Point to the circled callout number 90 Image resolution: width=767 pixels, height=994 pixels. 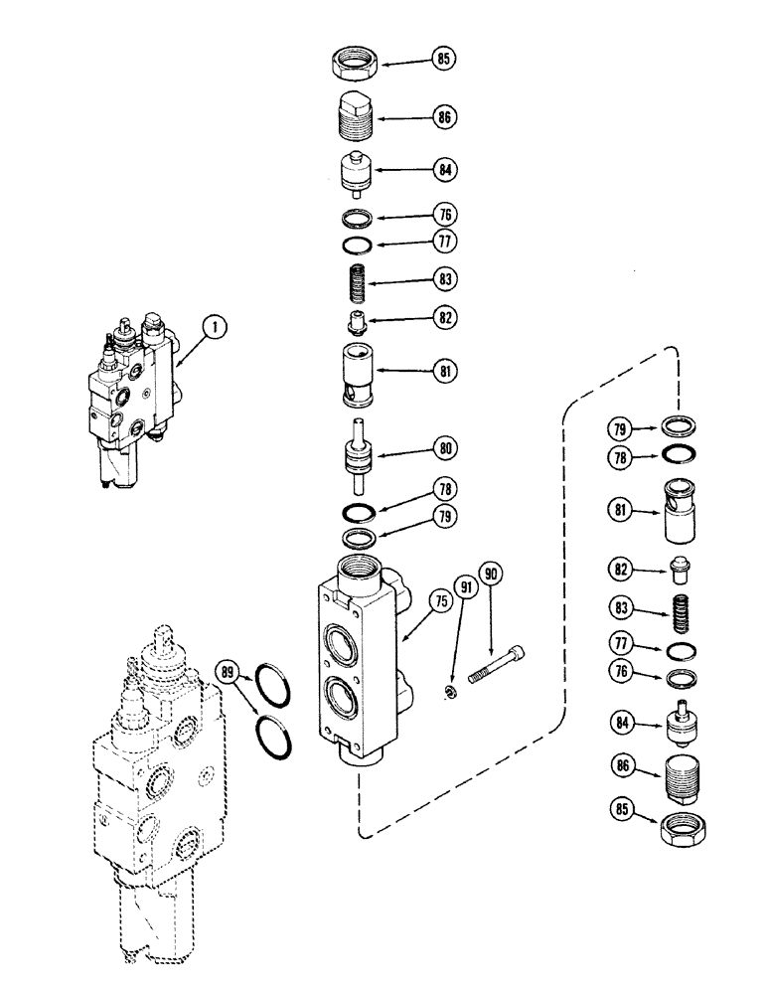(491, 576)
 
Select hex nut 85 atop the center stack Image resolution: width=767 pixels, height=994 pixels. (355, 63)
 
